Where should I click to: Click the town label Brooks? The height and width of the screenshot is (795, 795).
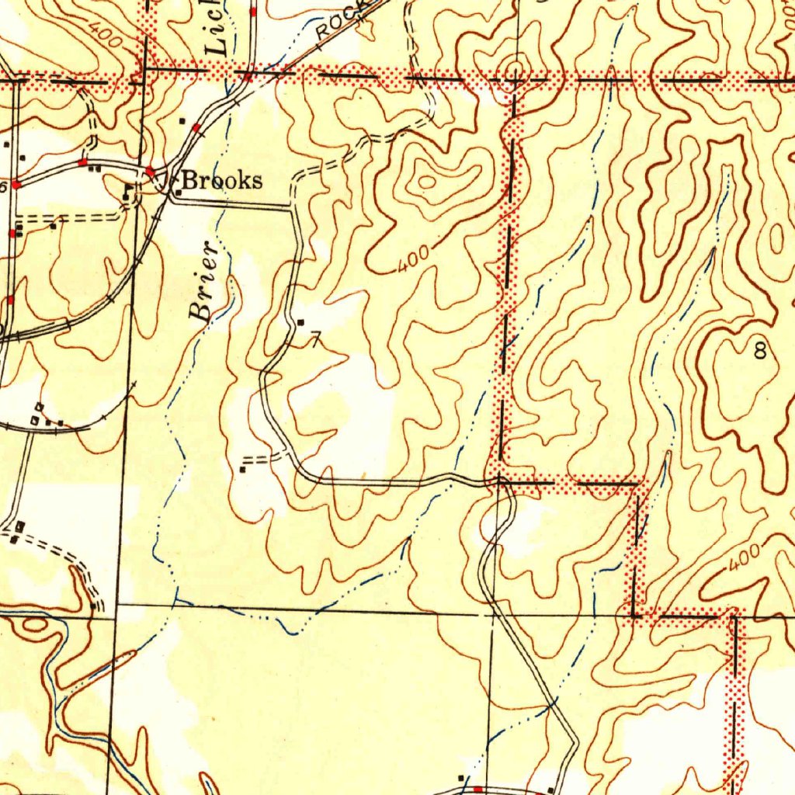coord(223,181)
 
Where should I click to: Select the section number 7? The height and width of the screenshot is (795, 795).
coord(315,339)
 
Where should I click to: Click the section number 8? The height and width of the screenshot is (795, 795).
coord(760,352)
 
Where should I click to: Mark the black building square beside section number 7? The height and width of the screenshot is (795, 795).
coord(301,322)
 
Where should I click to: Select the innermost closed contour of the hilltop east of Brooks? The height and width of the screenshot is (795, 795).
coord(426,182)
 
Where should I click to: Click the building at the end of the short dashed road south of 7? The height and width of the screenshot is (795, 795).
coord(243,469)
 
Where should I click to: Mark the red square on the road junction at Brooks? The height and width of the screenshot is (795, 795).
coord(151,169)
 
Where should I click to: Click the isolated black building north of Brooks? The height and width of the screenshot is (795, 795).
coord(182,120)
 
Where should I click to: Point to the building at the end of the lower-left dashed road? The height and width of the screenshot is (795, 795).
coord(92,606)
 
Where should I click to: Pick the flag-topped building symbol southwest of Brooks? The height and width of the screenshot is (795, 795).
coord(127,189)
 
